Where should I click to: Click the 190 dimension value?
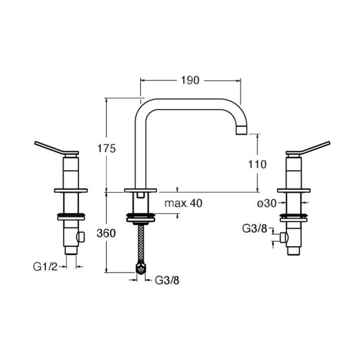190,80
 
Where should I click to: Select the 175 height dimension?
106,148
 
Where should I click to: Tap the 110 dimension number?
257,164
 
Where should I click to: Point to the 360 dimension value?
106,233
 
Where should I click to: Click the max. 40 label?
183,203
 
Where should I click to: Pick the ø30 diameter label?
267,203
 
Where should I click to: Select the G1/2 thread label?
45,267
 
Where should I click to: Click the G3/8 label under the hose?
167,280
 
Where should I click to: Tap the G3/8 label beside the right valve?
255,229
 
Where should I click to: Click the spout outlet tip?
242,130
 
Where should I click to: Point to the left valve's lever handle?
56,148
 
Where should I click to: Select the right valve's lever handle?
308,148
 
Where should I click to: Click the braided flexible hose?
141,244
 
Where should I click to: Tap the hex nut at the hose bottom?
141,268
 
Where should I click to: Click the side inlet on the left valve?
81,237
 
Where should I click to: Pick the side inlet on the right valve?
284,237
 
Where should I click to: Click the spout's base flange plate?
141,190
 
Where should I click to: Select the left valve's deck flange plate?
71,191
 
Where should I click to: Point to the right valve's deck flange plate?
294,191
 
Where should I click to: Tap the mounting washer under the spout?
141,218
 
